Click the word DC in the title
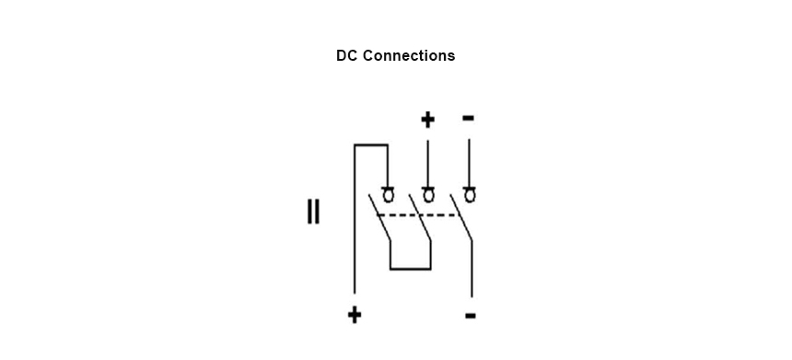click(347, 55)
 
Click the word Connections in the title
click(409, 55)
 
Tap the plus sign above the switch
click(427, 120)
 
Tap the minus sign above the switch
click(468, 118)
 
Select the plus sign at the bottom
click(355, 315)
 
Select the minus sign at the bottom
click(471, 316)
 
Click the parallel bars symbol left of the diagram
click(313, 212)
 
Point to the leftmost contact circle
click(388, 195)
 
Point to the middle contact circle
click(428, 195)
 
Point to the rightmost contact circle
click(470, 195)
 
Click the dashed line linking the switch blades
click(418, 215)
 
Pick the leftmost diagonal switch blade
click(379, 217)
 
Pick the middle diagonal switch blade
click(420, 217)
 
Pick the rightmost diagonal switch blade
click(461, 217)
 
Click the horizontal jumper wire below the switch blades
click(410, 269)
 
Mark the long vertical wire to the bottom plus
click(355, 218)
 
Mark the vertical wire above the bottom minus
click(472, 269)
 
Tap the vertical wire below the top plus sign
click(428, 164)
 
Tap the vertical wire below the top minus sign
click(469, 164)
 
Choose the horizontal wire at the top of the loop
click(371, 145)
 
